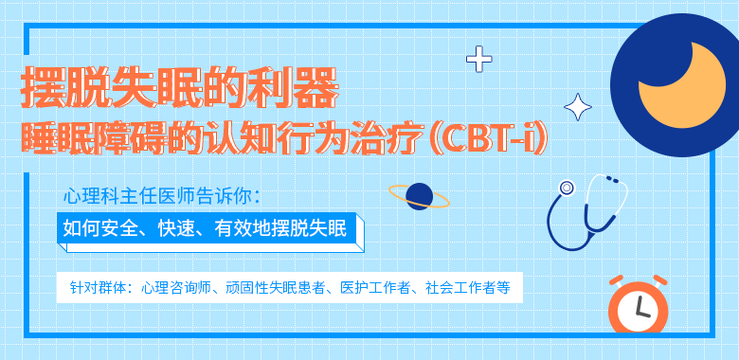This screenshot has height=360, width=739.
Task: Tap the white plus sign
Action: click(x=479, y=61)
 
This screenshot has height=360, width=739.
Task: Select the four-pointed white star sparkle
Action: click(x=577, y=106)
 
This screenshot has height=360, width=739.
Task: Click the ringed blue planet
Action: click(x=419, y=196)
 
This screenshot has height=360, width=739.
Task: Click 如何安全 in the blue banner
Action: click(x=95, y=227)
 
